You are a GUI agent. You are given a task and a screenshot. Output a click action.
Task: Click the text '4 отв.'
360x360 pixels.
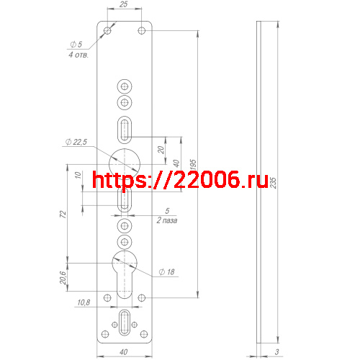(x=78, y=55)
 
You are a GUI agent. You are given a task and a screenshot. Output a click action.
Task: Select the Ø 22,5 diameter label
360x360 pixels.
(x=76, y=143)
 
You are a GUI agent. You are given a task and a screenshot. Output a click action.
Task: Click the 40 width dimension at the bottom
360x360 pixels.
(x=124, y=352)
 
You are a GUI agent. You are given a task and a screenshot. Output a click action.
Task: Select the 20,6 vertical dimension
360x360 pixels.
(x=63, y=277)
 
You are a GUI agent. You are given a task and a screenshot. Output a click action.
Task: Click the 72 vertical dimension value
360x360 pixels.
(x=63, y=215)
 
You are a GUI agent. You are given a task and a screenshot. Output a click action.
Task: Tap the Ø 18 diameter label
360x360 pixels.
(x=166, y=272)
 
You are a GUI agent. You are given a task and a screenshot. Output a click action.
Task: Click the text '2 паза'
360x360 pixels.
(x=167, y=220)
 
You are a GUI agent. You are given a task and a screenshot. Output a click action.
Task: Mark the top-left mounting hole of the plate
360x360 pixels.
(x=107, y=31)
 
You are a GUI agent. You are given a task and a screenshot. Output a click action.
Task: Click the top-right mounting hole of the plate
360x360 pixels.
(x=142, y=31)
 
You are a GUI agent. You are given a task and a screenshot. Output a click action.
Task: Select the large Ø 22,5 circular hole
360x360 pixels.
(x=125, y=157)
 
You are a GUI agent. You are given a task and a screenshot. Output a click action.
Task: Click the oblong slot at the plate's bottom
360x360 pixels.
(x=125, y=323)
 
